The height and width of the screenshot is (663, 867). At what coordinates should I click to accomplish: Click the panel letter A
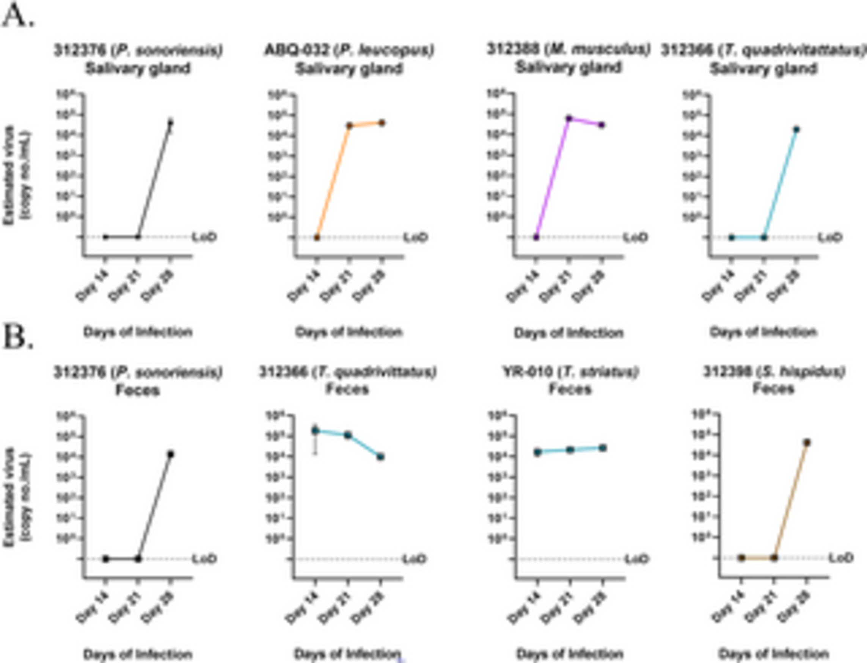click(x=18, y=17)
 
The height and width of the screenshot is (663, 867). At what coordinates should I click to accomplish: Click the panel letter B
click(x=18, y=338)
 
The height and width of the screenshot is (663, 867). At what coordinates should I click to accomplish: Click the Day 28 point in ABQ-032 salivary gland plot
click(x=382, y=123)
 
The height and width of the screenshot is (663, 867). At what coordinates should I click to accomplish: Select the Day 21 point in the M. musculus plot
click(x=569, y=118)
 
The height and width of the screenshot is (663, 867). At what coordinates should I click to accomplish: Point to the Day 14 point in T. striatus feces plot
click(x=537, y=452)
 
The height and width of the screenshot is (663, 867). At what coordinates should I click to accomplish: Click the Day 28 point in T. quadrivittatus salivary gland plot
click(x=796, y=130)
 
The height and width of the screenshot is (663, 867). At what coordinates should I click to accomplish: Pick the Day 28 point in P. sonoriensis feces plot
click(x=171, y=454)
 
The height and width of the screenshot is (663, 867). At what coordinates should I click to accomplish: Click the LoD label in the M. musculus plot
click(x=636, y=237)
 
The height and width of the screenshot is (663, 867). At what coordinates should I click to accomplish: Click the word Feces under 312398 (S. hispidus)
click(x=773, y=389)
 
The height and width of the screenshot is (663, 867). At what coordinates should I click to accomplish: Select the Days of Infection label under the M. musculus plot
click(x=569, y=333)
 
